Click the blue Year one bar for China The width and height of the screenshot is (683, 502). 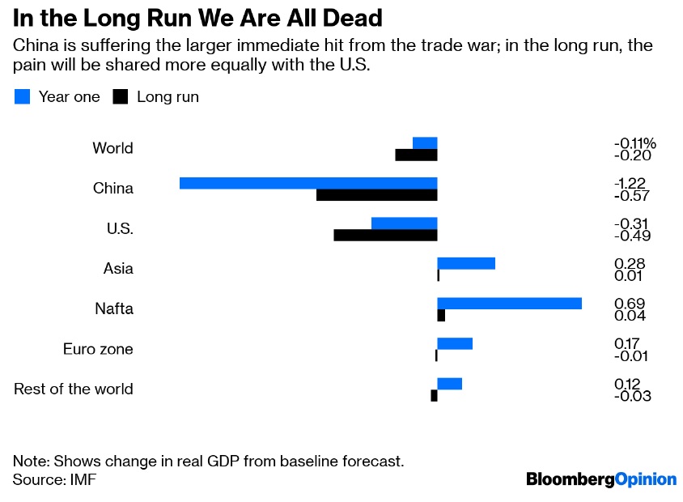pos(308,183)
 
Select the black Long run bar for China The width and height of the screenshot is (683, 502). pos(376,195)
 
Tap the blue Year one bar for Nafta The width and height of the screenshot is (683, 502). pos(509,304)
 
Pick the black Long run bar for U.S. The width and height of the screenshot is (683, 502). pos(385,236)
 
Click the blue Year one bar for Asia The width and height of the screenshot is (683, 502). pos(465,263)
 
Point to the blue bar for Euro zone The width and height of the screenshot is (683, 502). pos(454,343)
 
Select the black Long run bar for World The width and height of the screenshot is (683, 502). pos(416,155)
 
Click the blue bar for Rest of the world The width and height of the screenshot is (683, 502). pos(449,383)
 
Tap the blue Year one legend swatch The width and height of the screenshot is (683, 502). pos(23,97)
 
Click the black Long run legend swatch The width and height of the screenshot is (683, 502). pos(121,97)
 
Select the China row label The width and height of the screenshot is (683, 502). pos(113,189)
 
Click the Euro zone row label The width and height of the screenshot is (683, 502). pos(98,350)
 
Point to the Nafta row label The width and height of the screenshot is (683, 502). pos(113,308)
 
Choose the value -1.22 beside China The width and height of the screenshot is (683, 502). pos(630,183)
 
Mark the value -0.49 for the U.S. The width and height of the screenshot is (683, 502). pos(632,236)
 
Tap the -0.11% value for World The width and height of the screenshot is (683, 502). pos(634,143)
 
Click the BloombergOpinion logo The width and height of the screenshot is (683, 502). pos(600,479)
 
